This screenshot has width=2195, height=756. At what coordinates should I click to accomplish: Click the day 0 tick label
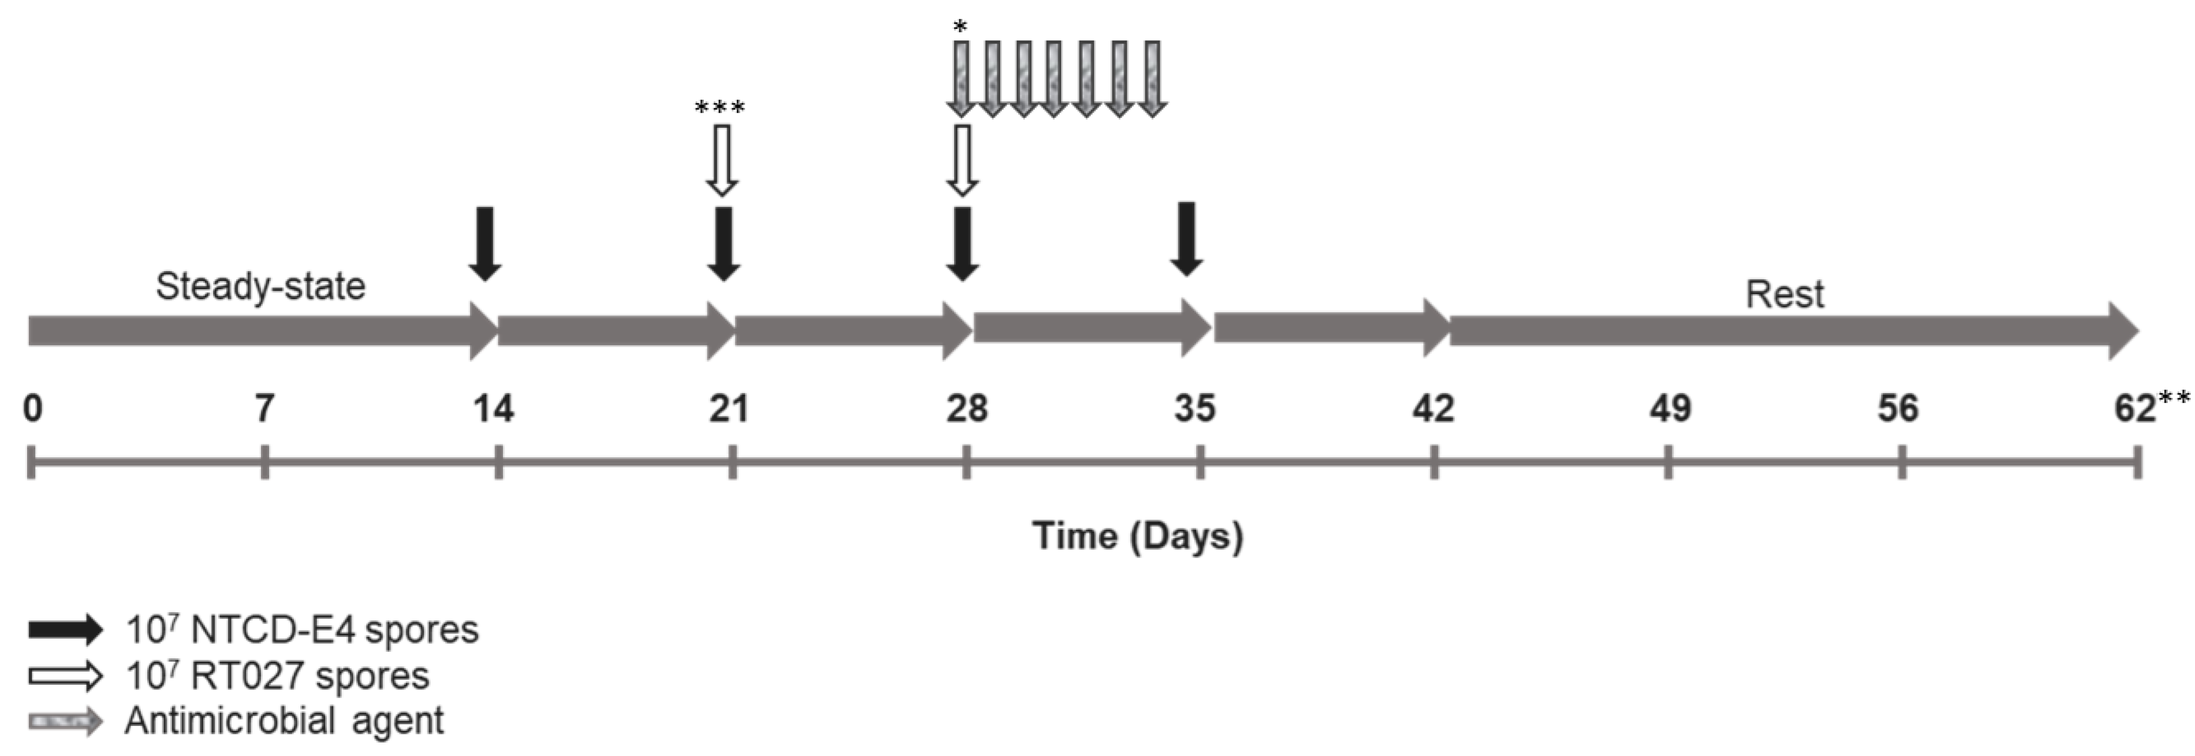pyautogui.click(x=32, y=408)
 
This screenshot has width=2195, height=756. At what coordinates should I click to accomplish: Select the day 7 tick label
pyautogui.click(x=264, y=408)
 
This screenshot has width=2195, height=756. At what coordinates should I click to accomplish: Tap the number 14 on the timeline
pyautogui.click(x=494, y=408)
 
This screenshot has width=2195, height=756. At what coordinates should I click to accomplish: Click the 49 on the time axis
pyautogui.click(x=1669, y=408)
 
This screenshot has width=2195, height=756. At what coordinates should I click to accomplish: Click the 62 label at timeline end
pyautogui.click(x=2134, y=408)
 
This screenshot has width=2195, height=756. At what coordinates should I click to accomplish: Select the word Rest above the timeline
pyautogui.click(x=1785, y=295)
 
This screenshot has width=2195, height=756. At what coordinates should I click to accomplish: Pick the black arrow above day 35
pyautogui.click(x=1186, y=239)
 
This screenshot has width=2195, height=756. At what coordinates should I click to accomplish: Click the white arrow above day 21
pyautogui.click(x=721, y=161)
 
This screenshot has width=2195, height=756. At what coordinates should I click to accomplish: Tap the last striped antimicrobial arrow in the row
pyautogui.click(x=1152, y=78)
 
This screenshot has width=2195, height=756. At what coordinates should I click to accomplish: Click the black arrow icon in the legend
pyautogui.click(x=65, y=630)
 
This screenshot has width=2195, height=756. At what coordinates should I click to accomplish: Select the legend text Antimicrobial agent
pyautogui.click(x=284, y=721)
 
